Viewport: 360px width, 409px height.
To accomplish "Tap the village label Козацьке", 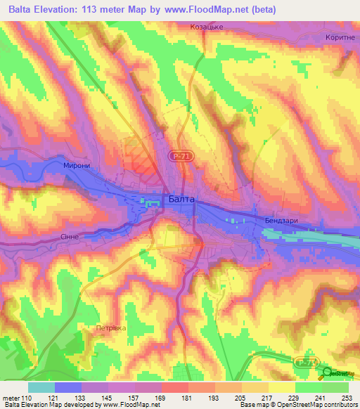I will (x=206, y=27).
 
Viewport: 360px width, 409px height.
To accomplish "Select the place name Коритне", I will (x=340, y=38).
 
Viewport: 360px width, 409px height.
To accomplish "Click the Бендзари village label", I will (x=283, y=221).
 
